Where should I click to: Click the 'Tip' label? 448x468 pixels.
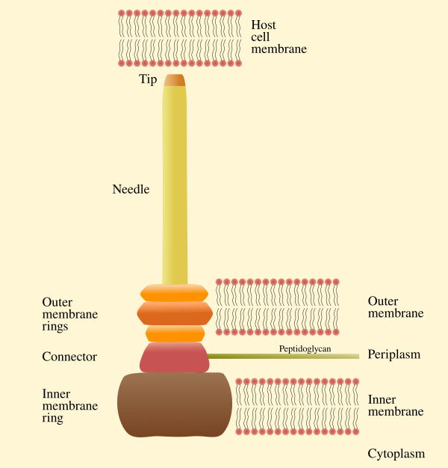pos(148,79)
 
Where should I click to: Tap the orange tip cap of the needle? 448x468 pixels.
pos(175,81)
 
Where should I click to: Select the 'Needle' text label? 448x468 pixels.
pos(131,189)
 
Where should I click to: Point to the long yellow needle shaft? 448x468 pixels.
pos(175,187)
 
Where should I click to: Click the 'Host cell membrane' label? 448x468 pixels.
pos(279,37)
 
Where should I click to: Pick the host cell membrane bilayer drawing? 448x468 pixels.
pos(180,38)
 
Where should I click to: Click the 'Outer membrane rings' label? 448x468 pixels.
pos(69,314)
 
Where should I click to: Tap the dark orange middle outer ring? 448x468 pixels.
pos(175,313)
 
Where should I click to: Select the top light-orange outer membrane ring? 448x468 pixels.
pos(175,293)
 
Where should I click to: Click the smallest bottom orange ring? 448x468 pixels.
pos(175,333)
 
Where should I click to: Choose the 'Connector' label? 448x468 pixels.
pos(69,357)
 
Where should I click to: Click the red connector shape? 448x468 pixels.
pos(175,357)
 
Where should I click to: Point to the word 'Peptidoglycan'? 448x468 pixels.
pos(305,348)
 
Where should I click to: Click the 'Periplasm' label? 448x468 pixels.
pos(394,354)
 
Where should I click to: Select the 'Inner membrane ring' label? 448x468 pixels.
pos(69,406)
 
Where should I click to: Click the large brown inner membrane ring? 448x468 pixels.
pos(175,404)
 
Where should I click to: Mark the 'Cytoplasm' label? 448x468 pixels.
pos(396,454)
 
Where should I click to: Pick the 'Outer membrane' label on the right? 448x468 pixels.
pos(396,307)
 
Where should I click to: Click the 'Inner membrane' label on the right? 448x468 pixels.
pos(396,405)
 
